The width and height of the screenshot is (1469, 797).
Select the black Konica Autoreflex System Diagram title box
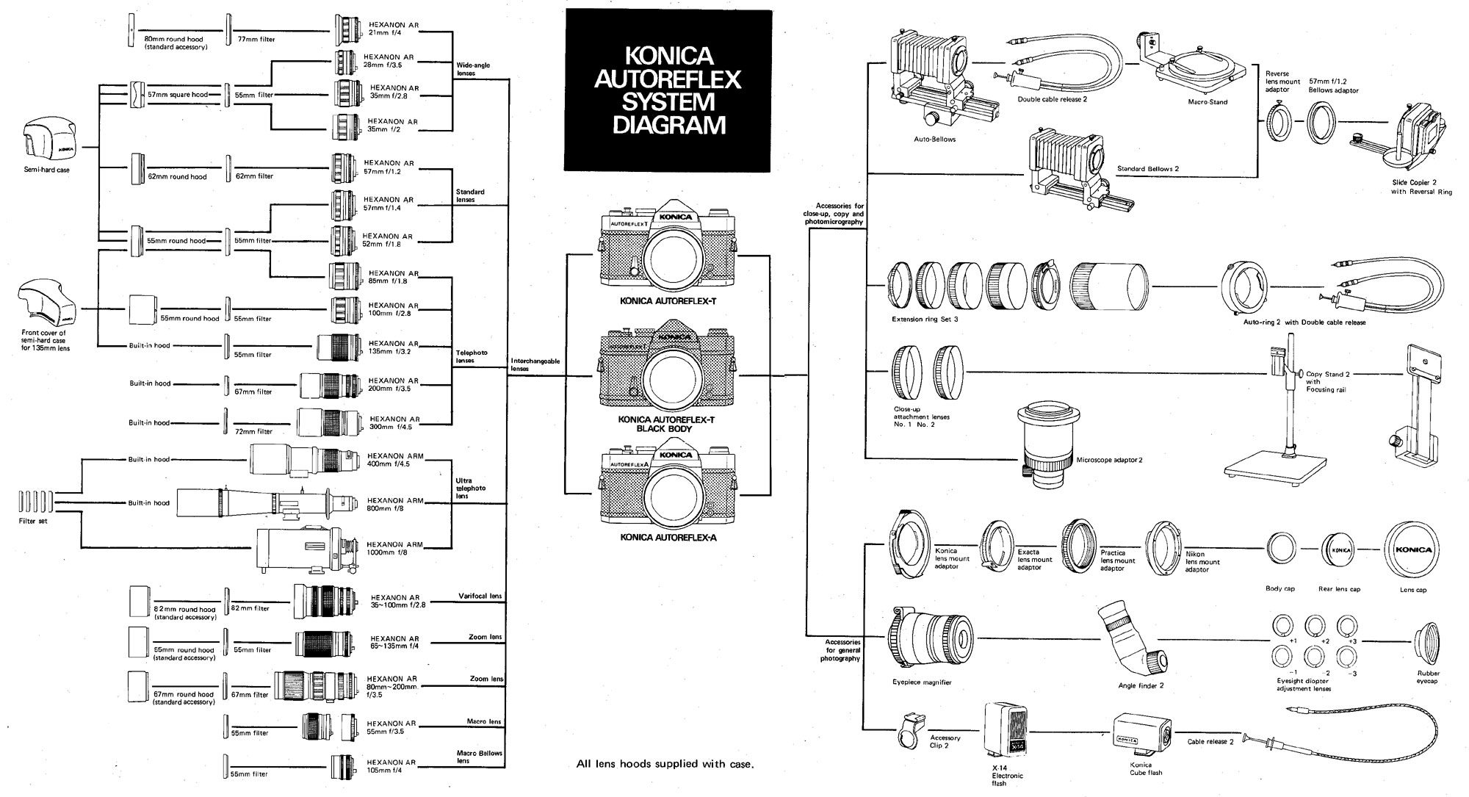coord(668,90)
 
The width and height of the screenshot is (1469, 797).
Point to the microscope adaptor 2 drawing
coord(1047,444)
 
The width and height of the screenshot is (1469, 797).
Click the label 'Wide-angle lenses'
coord(472,70)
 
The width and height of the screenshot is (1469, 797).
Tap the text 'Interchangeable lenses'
coord(535,365)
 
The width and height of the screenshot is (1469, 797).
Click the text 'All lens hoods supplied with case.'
coord(665,765)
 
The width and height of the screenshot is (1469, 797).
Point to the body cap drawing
coord(1280,549)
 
